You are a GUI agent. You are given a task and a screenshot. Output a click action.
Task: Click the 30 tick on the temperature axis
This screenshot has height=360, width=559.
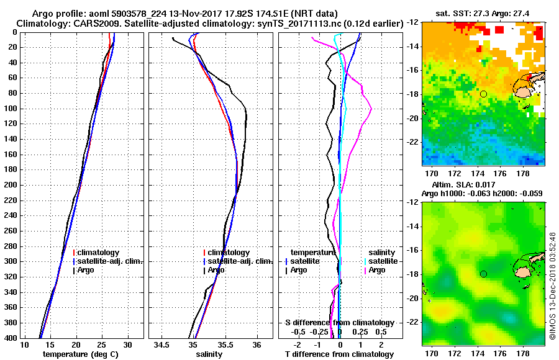127,344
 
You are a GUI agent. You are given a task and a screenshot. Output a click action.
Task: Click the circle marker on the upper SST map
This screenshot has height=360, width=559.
483,94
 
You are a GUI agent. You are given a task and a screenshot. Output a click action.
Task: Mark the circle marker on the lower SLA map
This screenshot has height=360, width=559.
483,274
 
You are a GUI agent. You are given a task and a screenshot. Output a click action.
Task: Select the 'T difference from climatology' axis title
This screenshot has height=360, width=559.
340,354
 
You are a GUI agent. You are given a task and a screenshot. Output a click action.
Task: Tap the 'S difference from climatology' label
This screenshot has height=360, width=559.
340,323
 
